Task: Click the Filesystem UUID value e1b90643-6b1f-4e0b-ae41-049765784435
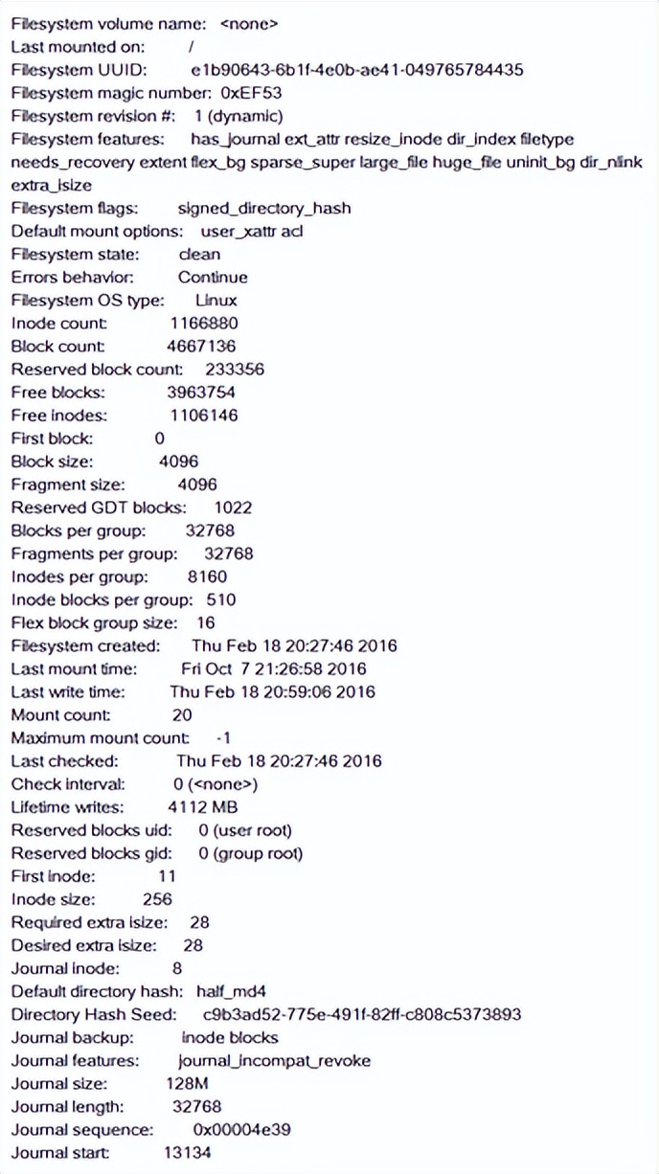[x=357, y=70]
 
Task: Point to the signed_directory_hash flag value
[x=264, y=208]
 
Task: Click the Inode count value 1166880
[x=204, y=323]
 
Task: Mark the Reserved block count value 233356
[x=235, y=369]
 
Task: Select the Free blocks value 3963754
[x=201, y=392]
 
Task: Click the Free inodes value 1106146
[x=204, y=416]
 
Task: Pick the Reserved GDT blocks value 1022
[x=233, y=508]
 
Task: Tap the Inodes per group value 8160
[x=208, y=576]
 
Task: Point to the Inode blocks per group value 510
[x=221, y=600]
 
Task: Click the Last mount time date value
[x=273, y=668]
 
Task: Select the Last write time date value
[x=273, y=691]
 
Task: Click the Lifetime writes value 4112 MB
[x=210, y=807]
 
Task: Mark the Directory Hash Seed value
[x=362, y=1014]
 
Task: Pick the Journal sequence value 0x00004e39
[x=241, y=1130]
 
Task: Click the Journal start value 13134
[x=187, y=1153]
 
